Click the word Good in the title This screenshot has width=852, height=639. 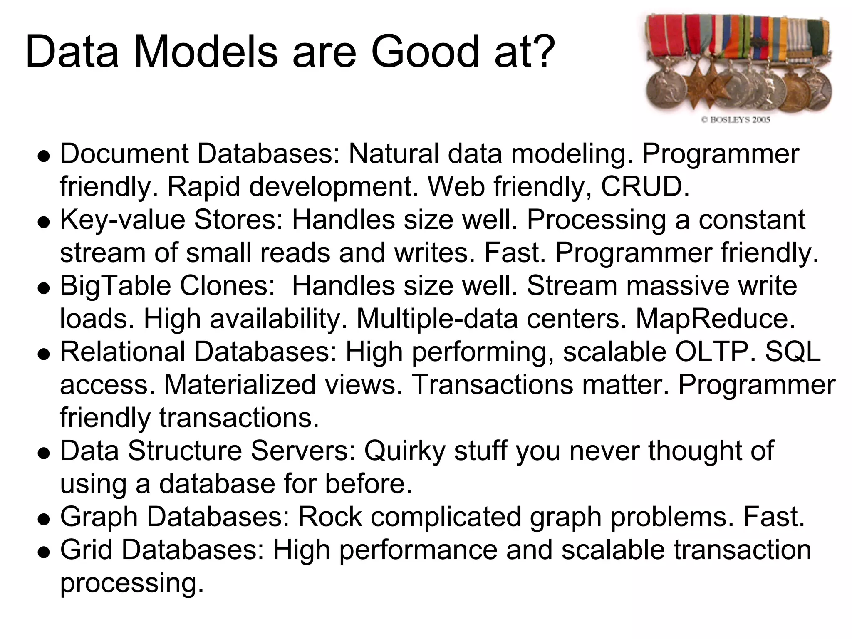click(425, 52)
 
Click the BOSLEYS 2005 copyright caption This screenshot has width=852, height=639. click(736, 120)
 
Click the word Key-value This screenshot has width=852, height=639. click(123, 220)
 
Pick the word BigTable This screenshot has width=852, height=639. click(115, 286)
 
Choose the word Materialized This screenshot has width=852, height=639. click(240, 384)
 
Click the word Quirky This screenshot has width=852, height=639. click(404, 451)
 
